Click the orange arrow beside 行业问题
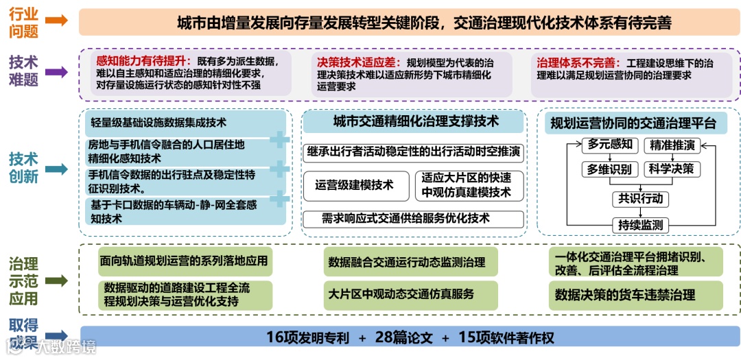58,21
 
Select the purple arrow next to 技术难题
58,71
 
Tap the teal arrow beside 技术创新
58,168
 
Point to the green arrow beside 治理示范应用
58,281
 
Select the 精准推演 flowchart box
672,145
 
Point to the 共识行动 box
641,199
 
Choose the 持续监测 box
641,225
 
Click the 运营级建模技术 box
354,185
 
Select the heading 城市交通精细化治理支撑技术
416,122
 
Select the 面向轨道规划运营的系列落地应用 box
185,261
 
